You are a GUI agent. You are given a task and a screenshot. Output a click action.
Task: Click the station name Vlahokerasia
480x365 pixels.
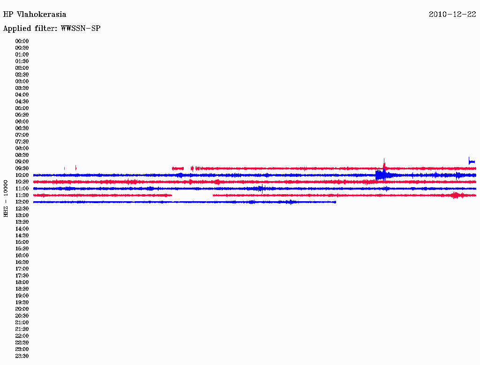(x=41, y=15)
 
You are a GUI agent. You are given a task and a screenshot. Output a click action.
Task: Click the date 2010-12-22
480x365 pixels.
(x=452, y=15)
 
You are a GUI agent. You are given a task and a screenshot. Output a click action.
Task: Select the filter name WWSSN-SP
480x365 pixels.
(x=81, y=29)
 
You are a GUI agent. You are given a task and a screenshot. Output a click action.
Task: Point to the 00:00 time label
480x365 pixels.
(x=22, y=41)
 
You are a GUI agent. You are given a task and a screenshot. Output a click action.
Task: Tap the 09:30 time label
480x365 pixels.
(x=22, y=168)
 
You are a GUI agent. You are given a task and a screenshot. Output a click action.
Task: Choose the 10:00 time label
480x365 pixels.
(x=22, y=175)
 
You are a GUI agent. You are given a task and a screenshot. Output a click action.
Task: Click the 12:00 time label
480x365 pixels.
(x=22, y=202)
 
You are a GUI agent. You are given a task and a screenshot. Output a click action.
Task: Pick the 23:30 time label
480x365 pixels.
(x=22, y=356)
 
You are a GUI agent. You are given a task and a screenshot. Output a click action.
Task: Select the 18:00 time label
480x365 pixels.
(x=22, y=282)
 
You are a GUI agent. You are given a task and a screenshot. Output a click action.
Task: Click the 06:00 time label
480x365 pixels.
(x=22, y=121)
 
